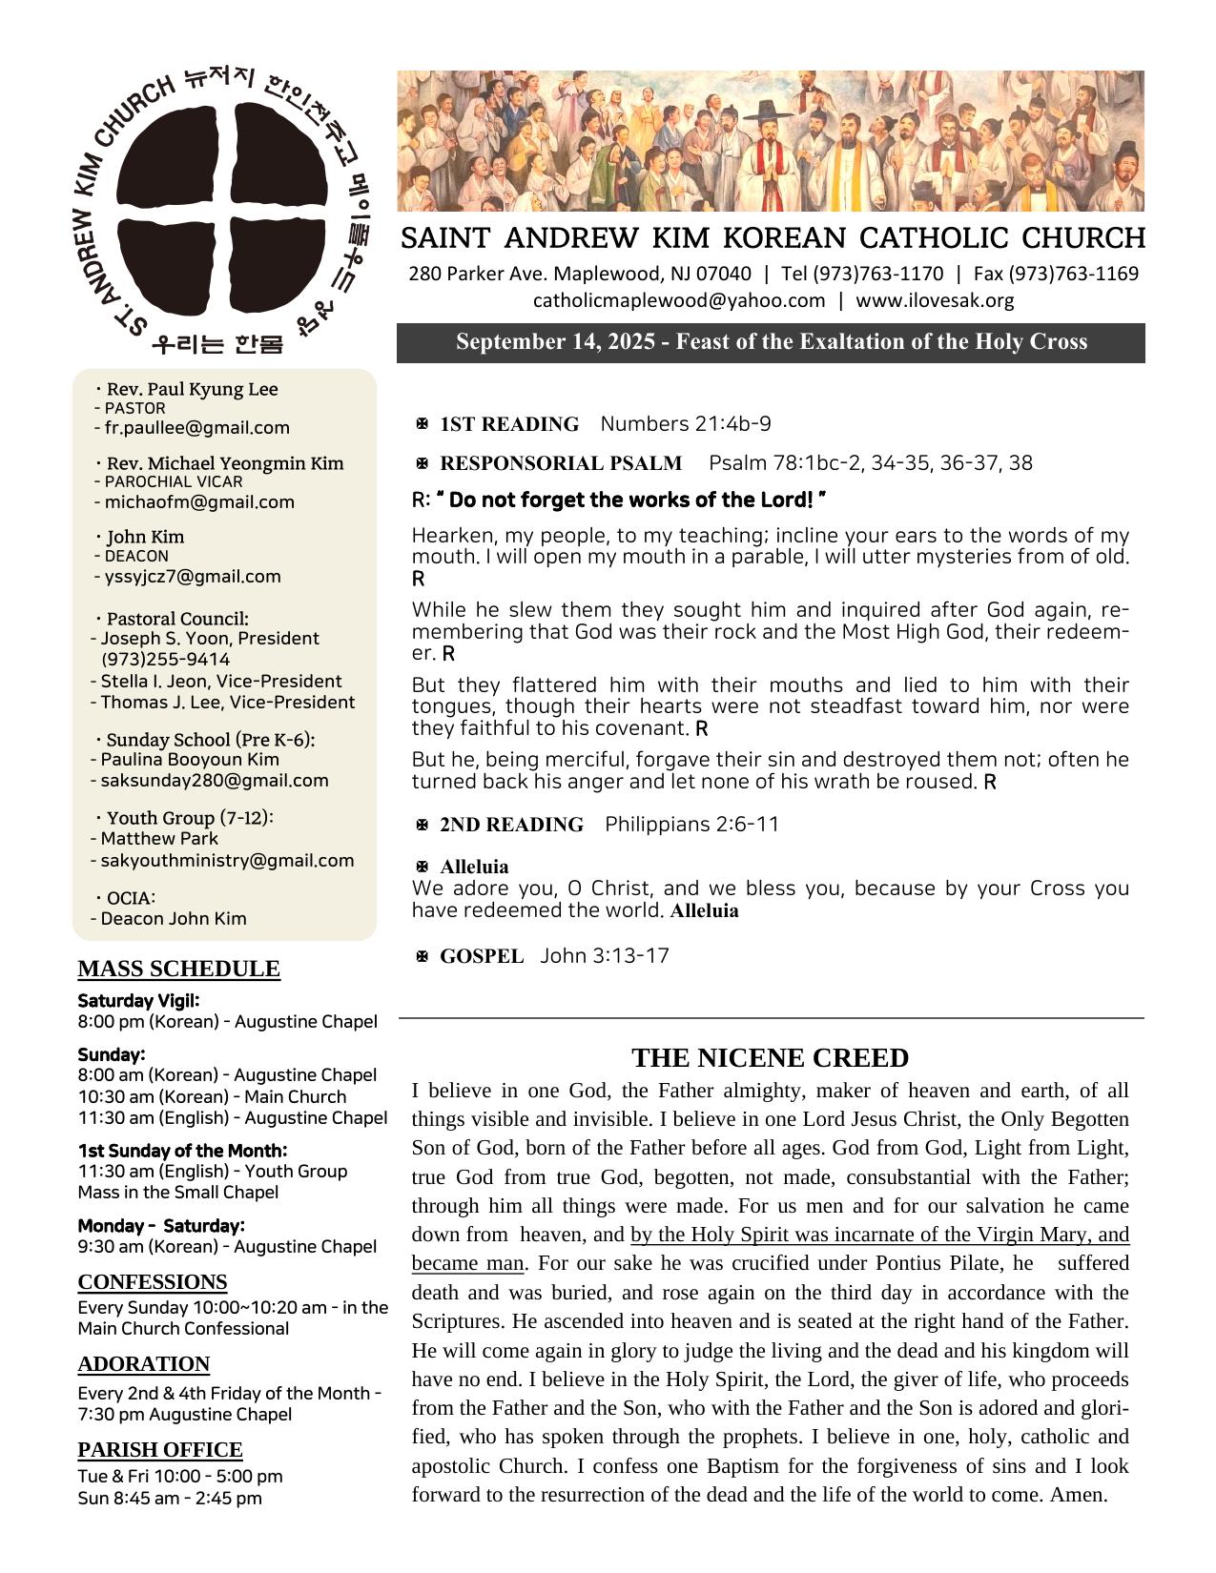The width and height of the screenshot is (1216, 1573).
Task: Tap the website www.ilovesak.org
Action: click(935, 301)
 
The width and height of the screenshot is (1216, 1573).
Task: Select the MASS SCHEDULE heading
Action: click(178, 969)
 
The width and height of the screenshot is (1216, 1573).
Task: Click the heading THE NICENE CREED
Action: click(770, 1058)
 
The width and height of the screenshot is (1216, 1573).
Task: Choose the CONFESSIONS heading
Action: click(153, 1281)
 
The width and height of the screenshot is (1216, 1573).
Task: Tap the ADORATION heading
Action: click(143, 1364)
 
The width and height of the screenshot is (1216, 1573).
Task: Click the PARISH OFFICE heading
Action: click(160, 1450)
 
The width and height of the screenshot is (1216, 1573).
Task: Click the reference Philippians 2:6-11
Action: click(691, 825)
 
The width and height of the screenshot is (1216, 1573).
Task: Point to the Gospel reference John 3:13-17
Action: click(605, 956)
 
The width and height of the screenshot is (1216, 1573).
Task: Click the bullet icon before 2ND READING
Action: click(422, 825)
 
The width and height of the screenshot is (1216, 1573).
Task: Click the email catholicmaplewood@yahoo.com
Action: click(679, 301)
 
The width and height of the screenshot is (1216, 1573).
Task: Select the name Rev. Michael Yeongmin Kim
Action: click(225, 464)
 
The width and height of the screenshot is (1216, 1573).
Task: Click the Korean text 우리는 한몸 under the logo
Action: click(217, 344)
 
